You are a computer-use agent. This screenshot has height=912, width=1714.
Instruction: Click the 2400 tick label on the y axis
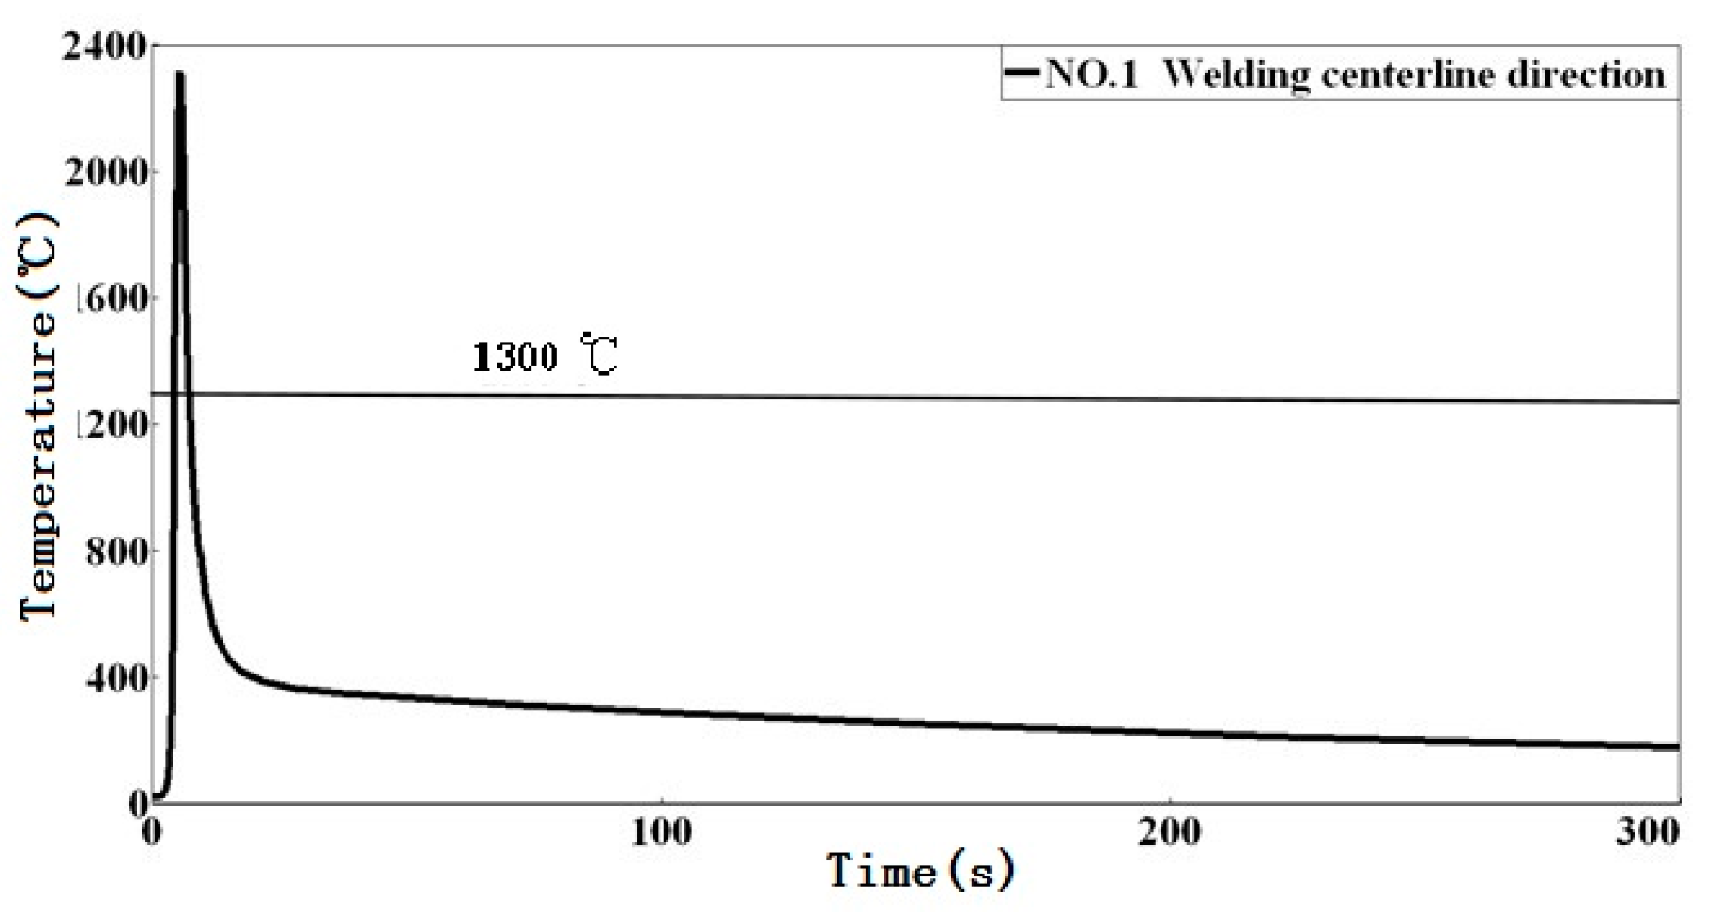coord(104,47)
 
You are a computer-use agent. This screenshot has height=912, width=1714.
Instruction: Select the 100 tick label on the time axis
coord(661,832)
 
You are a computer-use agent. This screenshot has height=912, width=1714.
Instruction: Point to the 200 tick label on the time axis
coord(1170,832)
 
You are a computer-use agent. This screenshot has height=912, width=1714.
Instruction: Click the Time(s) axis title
coord(920,871)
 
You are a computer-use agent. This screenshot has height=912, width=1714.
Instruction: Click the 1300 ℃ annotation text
coord(544,356)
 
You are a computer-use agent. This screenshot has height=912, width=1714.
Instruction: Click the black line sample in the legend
coord(1023,74)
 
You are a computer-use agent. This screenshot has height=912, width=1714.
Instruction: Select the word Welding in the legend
coord(1235,75)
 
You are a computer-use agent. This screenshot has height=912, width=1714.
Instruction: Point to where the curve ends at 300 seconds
coord(1677,747)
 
